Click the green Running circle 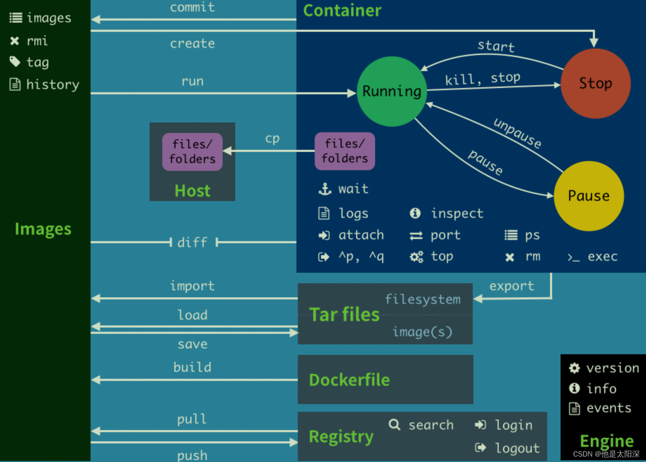click(392, 91)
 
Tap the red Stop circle click(595, 84)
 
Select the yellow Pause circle click(588, 196)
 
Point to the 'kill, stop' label click(482, 79)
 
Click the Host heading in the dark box click(192, 191)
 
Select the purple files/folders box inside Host click(192, 152)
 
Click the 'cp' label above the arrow click(272, 139)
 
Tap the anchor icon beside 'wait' click(325, 189)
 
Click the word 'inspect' click(457, 213)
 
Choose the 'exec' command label click(602, 257)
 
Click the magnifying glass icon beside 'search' click(394, 424)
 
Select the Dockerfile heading click(349, 380)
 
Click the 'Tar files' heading click(344, 314)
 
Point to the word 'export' click(512, 286)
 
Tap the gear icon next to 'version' click(574, 368)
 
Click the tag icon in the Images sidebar click(15, 62)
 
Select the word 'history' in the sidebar click(53, 84)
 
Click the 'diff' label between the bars click(192, 243)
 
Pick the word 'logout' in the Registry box click(517, 448)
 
